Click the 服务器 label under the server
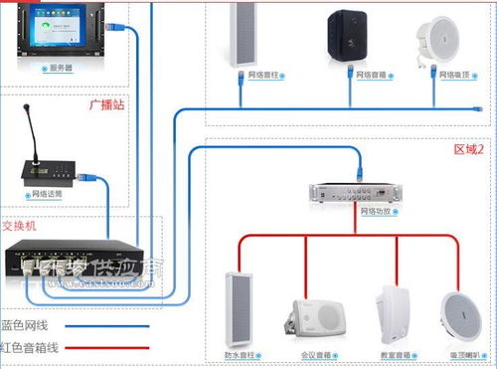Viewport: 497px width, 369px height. tap(61, 69)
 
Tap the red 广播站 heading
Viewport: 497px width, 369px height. tap(106, 103)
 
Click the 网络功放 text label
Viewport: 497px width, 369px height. tap(375, 212)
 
